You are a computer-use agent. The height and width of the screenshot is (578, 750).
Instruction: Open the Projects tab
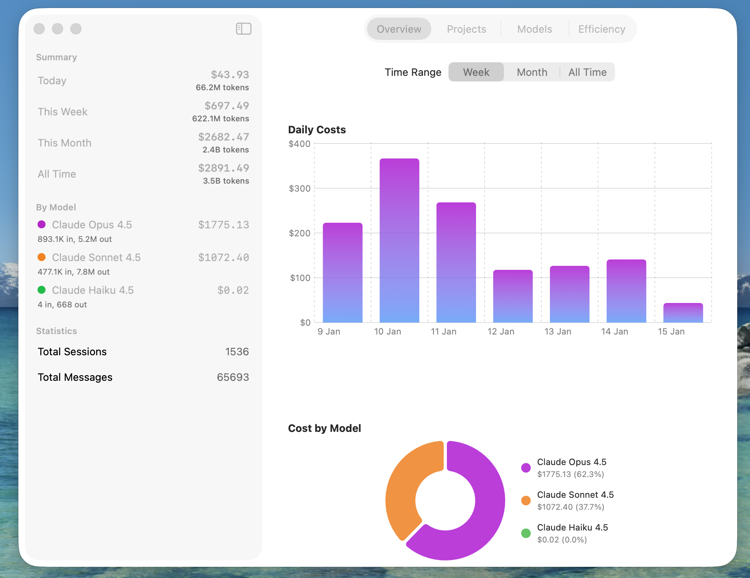pyautogui.click(x=466, y=29)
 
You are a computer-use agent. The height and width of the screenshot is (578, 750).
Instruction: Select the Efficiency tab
pyautogui.click(x=601, y=29)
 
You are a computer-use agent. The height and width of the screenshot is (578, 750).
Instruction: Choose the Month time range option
pyautogui.click(x=532, y=72)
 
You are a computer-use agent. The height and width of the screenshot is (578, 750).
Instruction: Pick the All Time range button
pyautogui.click(x=587, y=72)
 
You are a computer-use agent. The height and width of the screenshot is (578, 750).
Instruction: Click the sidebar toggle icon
pyautogui.click(x=243, y=29)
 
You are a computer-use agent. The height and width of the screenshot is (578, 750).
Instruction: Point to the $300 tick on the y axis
pyautogui.click(x=300, y=188)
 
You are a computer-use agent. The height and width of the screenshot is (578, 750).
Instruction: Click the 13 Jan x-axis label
pyautogui.click(x=558, y=331)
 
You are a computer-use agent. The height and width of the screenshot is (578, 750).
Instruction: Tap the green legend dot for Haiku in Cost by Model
pyautogui.click(x=526, y=533)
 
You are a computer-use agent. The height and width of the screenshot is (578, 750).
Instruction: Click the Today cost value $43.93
pyautogui.click(x=230, y=75)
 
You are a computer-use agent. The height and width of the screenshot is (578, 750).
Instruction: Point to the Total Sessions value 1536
pyautogui.click(x=237, y=352)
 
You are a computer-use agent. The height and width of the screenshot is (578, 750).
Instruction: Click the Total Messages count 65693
pyautogui.click(x=233, y=377)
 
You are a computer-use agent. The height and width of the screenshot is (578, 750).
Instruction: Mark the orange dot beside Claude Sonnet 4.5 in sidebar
pyautogui.click(x=42, y=257)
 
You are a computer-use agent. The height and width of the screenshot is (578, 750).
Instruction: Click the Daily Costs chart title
pyautogui.click(x=317, y=130)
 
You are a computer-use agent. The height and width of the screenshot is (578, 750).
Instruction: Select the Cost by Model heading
pyautogui.click(x=324, y=428)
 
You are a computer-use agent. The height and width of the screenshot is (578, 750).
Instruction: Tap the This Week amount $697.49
pyautogui.click(x=226, y=106)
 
